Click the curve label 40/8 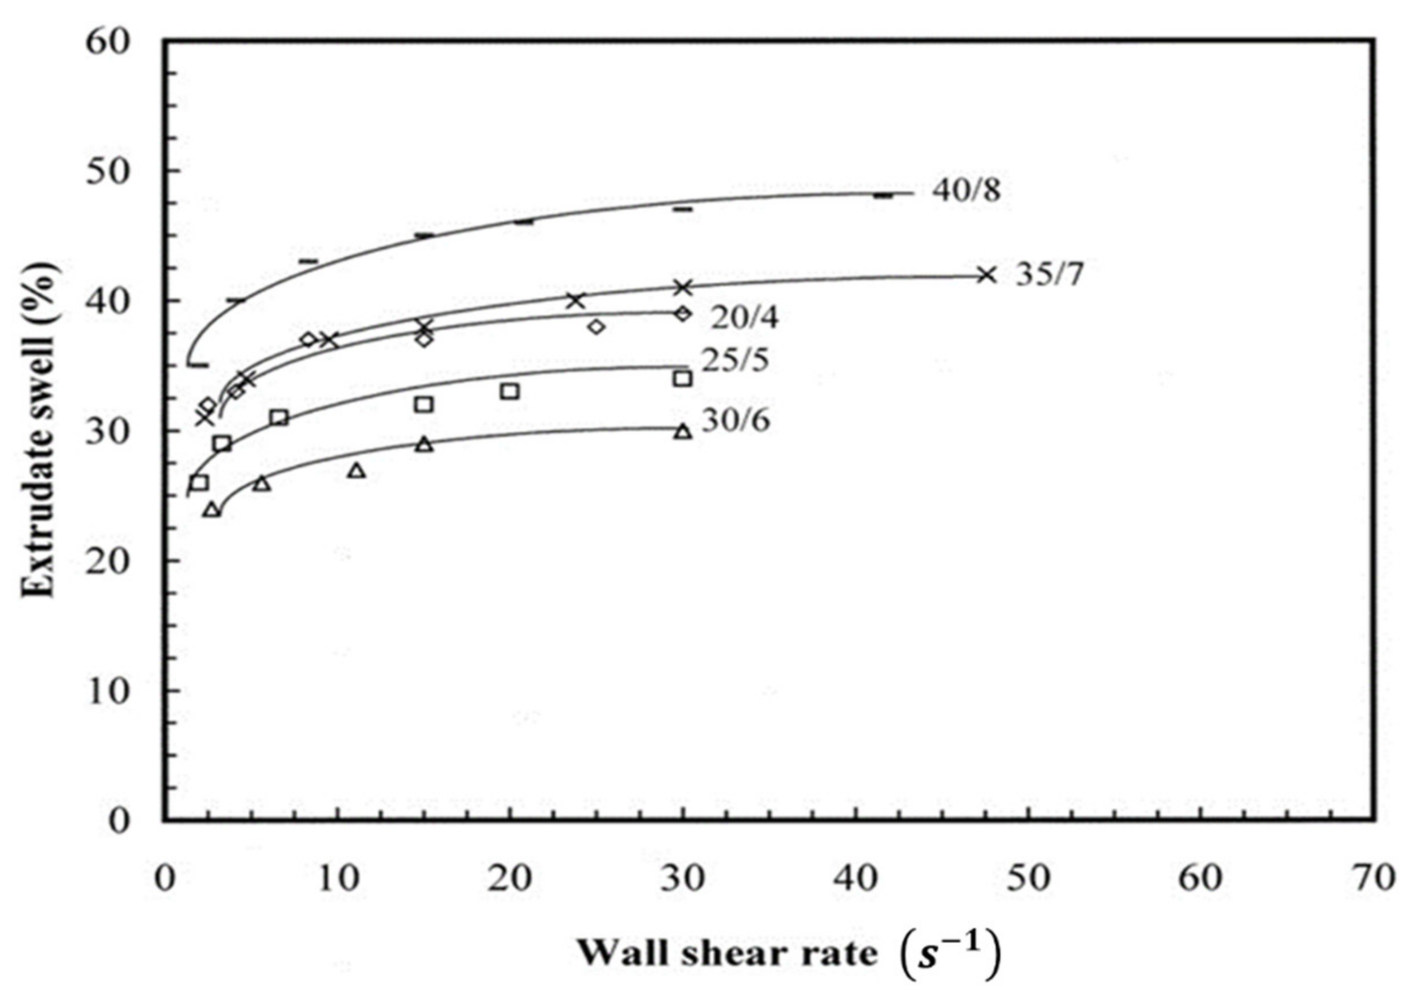[x=966, y=192]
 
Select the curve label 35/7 [x=1049, y=274]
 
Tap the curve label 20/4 [x=744, y=318]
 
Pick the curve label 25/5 [x=735, y=359]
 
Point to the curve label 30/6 [x=736, y=422]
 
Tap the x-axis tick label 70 [x=1374, y=878]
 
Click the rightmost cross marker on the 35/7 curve [x=987, y=275]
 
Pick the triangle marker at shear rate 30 [x=683, y=432]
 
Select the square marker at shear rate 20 [x=510, y=391]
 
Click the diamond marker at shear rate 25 [x=596, y=327]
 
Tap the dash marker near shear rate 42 [x=883, y=196]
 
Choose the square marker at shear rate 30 [x=682, y=379]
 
